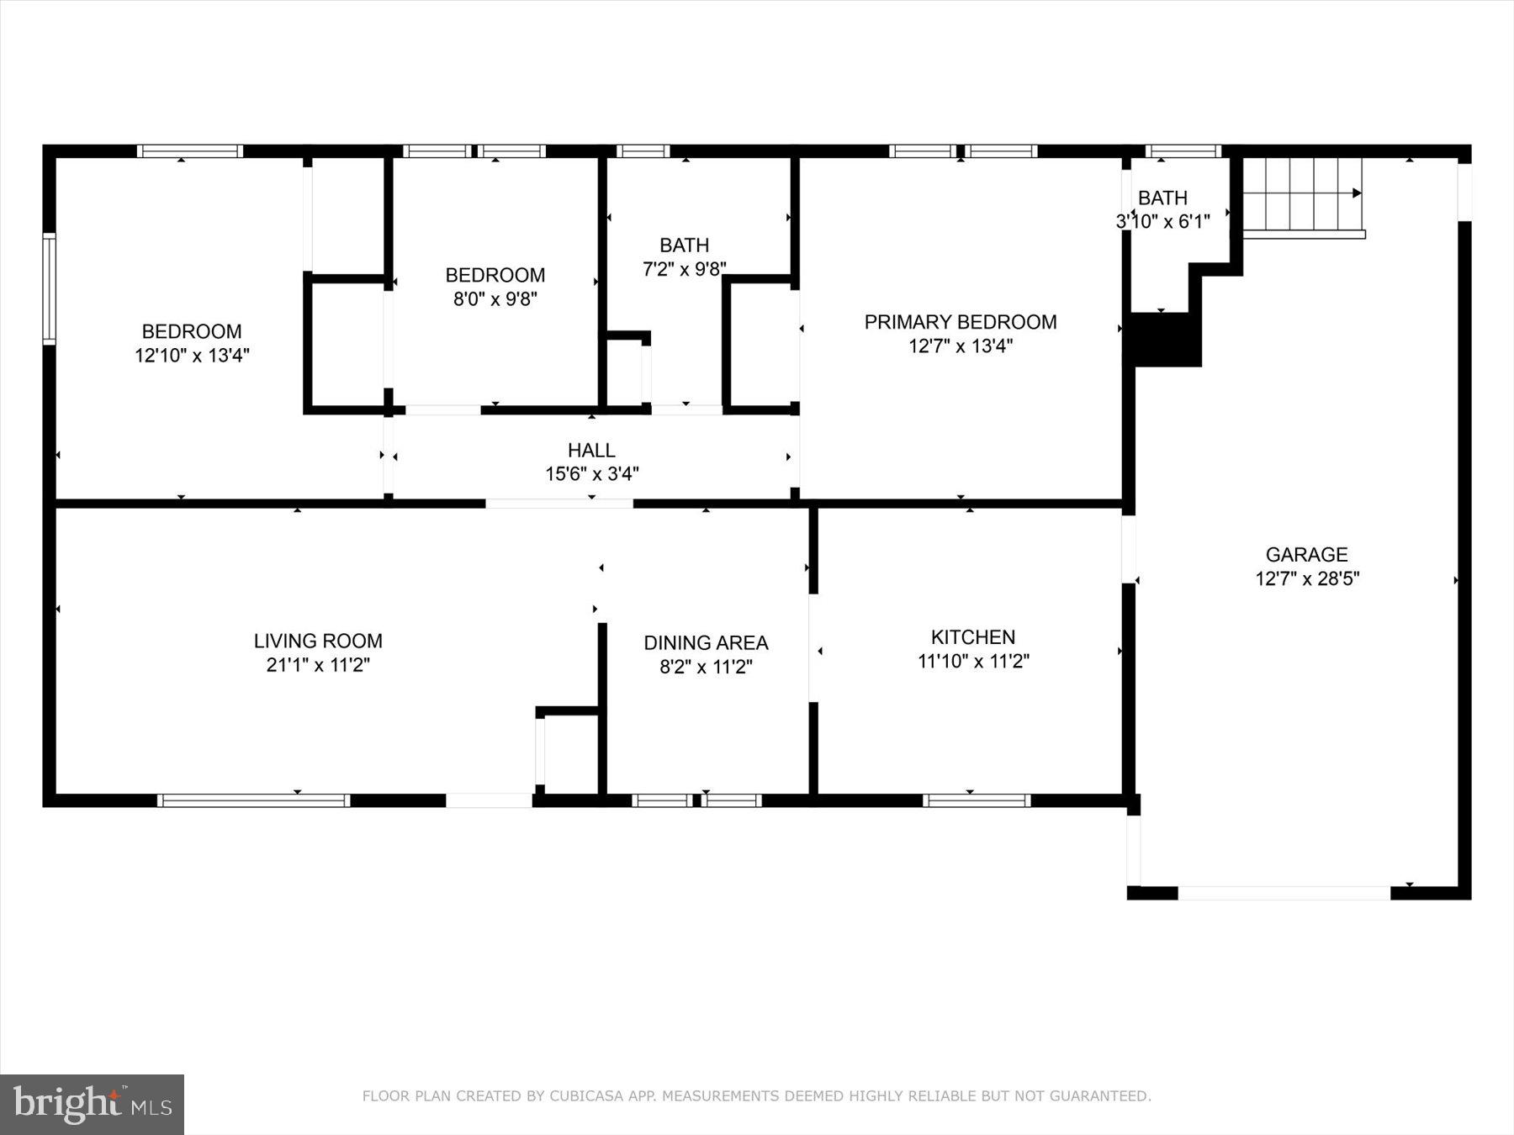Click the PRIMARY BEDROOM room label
960,322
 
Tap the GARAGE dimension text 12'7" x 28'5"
1307,578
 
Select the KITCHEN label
972,637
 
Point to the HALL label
591,451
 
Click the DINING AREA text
706,643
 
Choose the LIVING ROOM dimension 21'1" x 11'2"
318,665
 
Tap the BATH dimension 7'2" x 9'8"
684,269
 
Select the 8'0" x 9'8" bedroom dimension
495,298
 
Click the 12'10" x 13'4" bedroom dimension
192,355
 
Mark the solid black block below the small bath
1167,340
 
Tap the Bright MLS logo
92,1104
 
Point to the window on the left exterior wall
50,288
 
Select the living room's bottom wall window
253,800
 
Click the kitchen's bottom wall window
977,800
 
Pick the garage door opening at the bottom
1284,893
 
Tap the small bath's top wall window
1183,151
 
